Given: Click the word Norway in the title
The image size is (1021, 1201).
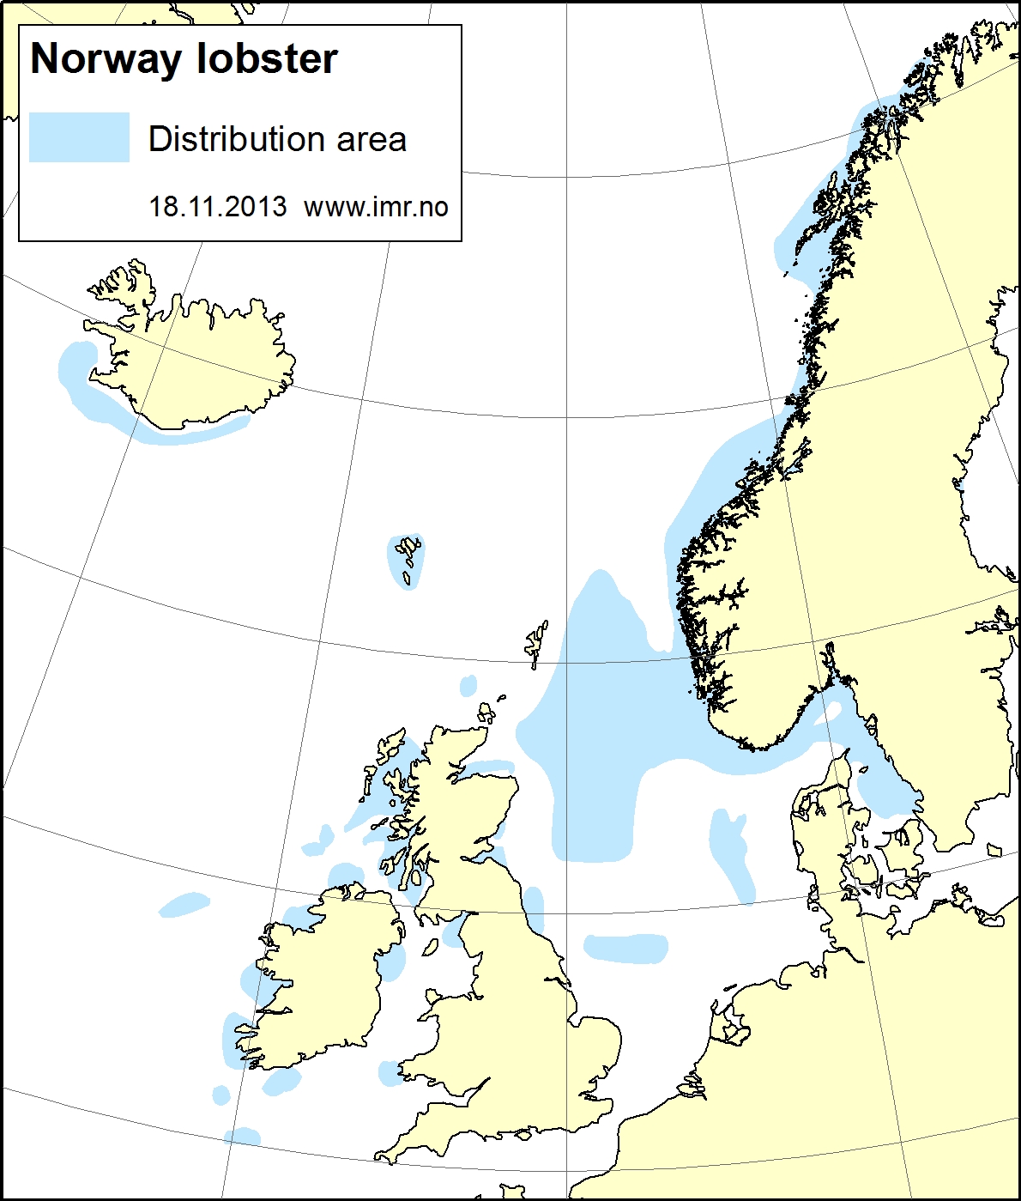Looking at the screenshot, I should coord(106,59).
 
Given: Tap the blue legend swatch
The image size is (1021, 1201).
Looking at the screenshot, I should coord(79,137).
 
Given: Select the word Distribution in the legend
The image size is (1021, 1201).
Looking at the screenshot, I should coord(234,139).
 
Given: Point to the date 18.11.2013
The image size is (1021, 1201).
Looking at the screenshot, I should coord(218,207).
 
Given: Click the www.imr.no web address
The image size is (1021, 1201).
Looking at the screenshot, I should coord(376,207).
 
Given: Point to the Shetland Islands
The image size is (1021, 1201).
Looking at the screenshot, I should coord(537,642).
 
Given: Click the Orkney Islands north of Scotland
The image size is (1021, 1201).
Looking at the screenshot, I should coord(486,713).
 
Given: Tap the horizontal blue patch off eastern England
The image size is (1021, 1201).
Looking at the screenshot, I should coord(626,948).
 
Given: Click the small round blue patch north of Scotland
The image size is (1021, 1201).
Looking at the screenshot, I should coord(468,685).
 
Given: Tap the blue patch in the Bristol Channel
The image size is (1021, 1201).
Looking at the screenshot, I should coord(390,1073).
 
